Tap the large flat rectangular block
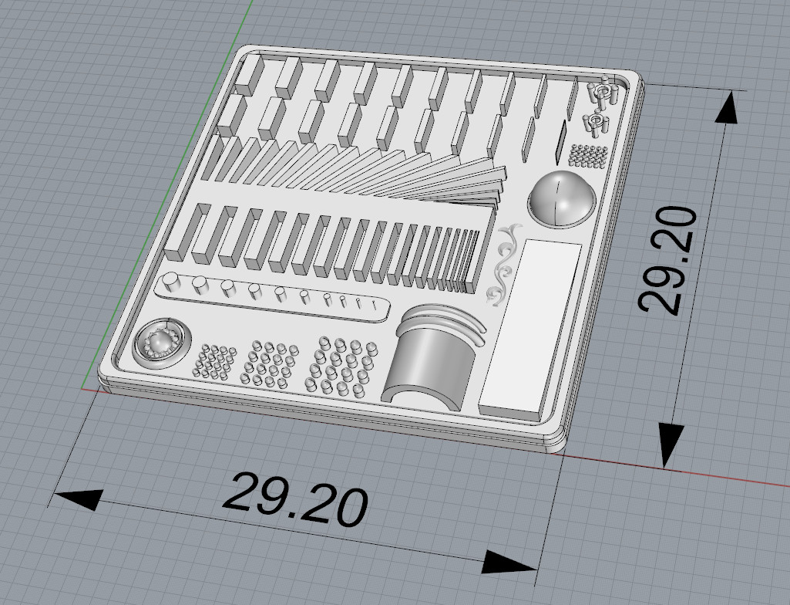[530, 327]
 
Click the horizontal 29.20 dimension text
[294, 499]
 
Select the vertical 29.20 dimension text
[667, 261]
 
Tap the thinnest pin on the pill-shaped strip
[375, 304]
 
